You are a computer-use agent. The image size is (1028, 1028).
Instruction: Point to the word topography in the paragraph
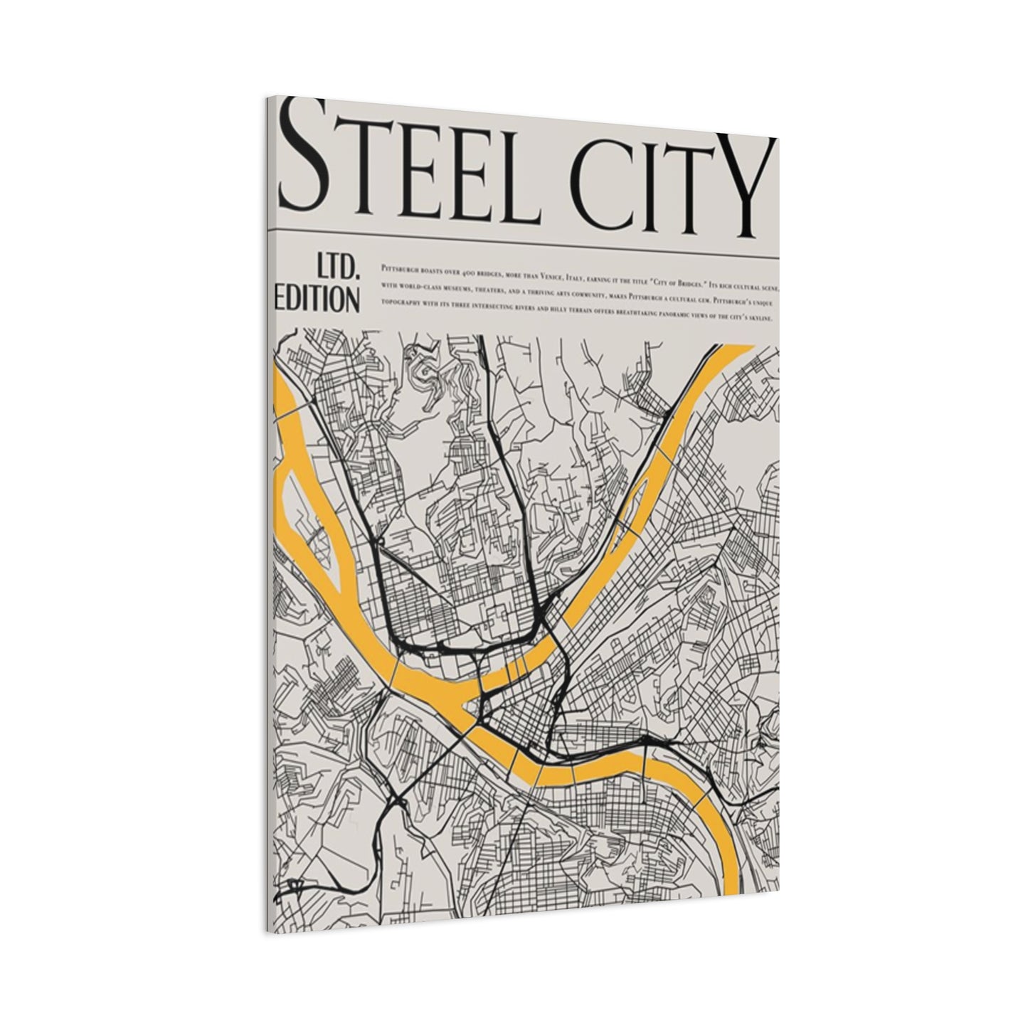tap(403, 304)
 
